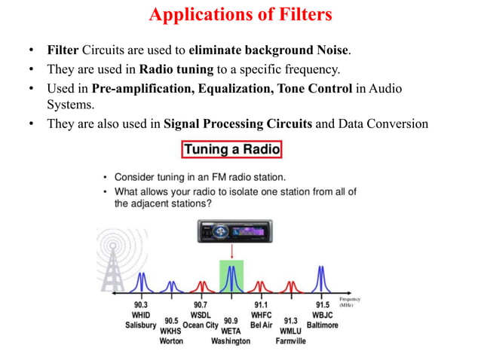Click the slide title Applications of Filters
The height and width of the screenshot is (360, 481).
coord(240,14)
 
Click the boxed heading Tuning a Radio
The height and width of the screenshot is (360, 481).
coord(231,150)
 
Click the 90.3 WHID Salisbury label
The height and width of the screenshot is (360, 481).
coord(141,315)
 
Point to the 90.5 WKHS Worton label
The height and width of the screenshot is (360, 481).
coord(171,330)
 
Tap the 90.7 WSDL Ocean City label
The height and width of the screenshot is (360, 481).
coord(201,315)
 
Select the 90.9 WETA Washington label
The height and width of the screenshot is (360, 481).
coord(231,330)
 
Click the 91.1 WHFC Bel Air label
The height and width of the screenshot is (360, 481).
coord(261,315)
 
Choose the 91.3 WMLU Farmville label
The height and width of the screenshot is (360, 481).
coord(290,330)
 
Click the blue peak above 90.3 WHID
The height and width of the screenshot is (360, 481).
coord(142,283)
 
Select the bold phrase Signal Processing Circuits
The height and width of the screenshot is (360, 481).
coord(237,124)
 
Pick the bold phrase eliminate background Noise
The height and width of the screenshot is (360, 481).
coord(269,51)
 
